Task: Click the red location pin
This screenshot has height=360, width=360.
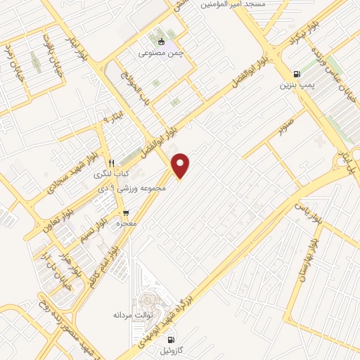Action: tap(181, 166)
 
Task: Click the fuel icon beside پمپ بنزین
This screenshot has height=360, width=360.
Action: tap(296, 74)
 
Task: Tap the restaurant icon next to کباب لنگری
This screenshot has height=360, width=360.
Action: tap(121, 160)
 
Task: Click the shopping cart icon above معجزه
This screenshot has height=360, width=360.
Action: tap(126, 213)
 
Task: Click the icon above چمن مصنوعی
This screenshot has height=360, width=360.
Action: tap(161, 41)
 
